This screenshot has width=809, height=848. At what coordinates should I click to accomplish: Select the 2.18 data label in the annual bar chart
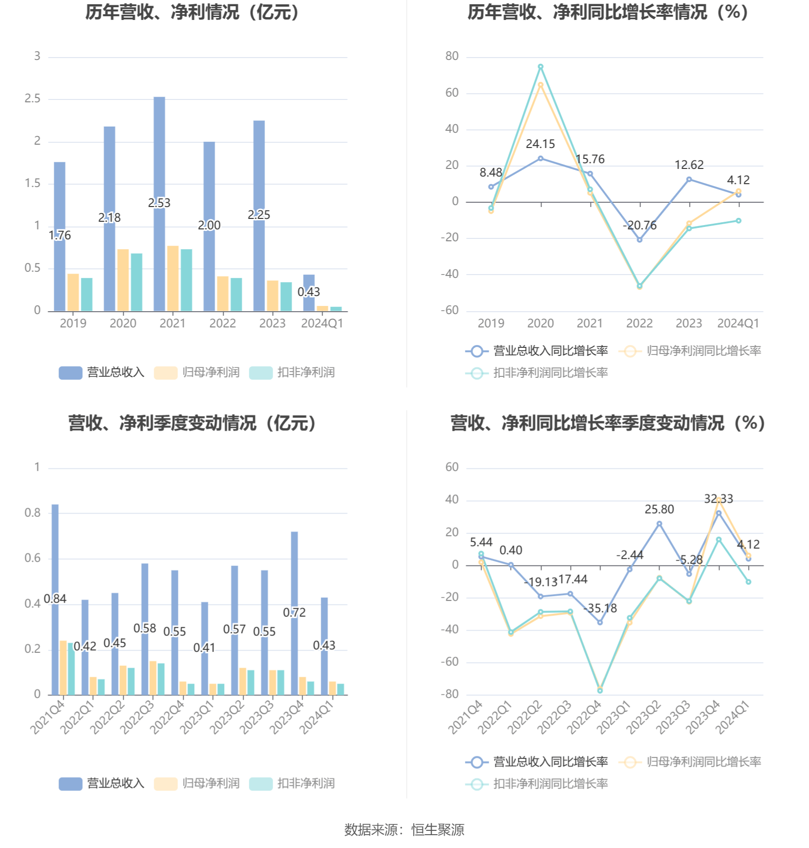point(109,218)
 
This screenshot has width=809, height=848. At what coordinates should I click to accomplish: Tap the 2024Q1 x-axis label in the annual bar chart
point(322,324)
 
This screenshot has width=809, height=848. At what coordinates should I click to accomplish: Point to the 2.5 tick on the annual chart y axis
point(33,99)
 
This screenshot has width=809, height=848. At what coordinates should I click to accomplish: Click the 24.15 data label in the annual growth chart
point(540,144)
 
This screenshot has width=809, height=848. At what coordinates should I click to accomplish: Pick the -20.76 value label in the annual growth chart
point(640,226)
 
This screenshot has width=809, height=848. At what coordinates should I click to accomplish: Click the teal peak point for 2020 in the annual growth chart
point(541,67)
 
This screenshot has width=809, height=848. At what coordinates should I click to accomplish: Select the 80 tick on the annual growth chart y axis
point(452,57)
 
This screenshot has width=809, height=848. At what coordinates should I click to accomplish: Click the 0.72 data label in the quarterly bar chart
point(294,613)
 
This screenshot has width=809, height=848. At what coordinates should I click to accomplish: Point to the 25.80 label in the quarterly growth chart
point(659,510)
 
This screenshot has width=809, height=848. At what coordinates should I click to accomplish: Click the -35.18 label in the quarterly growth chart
point(600,609)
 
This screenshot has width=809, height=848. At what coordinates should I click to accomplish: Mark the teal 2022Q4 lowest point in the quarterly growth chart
point(600,690)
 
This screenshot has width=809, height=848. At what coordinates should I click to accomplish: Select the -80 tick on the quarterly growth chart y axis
point(450,694)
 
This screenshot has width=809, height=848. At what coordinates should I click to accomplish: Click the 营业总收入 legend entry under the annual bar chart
point(102,373)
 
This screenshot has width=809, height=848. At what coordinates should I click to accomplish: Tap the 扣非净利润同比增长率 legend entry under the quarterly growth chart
point(537,784)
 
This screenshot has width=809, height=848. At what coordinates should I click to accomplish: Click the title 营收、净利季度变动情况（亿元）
point(192,423)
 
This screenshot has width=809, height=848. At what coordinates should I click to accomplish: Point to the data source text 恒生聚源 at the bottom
point(437,830)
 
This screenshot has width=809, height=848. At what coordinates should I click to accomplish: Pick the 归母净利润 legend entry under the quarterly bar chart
point(197,784)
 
